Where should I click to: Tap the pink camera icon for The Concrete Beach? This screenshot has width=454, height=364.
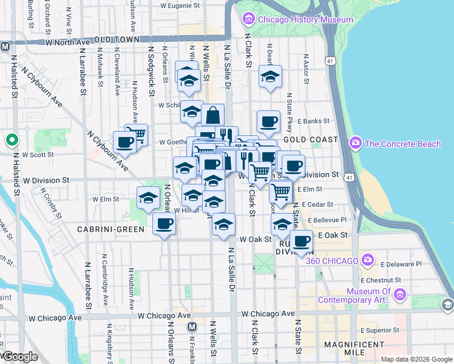coord(356,143)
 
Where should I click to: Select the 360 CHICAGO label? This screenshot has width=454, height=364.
coord(332,261)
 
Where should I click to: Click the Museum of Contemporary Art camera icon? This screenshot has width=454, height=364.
coord(399,295)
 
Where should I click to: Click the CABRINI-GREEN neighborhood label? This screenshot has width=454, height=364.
coord(110,229)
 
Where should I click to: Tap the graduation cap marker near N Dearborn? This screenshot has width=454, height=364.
coord(270,76)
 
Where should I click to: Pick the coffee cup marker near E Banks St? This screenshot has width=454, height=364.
coord(268,121)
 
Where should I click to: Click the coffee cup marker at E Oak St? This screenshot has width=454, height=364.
coord(301,241)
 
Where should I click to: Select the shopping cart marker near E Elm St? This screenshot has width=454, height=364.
coord(280,191)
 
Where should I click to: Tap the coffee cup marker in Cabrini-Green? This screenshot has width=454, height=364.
coord(163,224)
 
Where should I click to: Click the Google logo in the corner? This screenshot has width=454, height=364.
coord(19,357)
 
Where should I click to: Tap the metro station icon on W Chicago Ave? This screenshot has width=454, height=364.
coord(192,327)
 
